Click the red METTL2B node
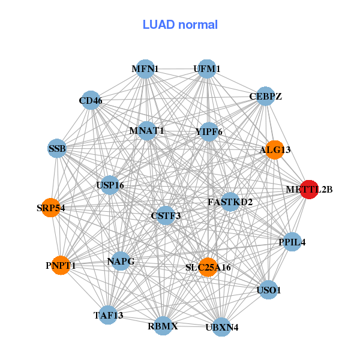[x=308, y=190]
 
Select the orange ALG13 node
[x=274, y=149]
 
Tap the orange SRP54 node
[x=51, y=208]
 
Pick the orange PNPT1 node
[x=61, y=265]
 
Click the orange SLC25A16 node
[x=208, y=267]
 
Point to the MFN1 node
[x=145, y=69]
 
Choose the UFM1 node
[x=207, y=69]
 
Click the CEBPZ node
[x=265, y=97]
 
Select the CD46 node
[x=91, y=101]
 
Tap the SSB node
[x=57, y=148]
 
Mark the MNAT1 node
[x=147, y=131]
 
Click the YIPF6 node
[x=208, y=131]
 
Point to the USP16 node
[x=110, y=185]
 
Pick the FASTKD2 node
[x=230, y=202]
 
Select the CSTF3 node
[x=166, y=215]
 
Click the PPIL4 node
[x=292, y=242]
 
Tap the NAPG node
[x=121, y=261]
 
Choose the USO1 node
[x=268, y=290]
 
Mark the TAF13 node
[x=108, y=315]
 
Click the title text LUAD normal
[x=180, y=25]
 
